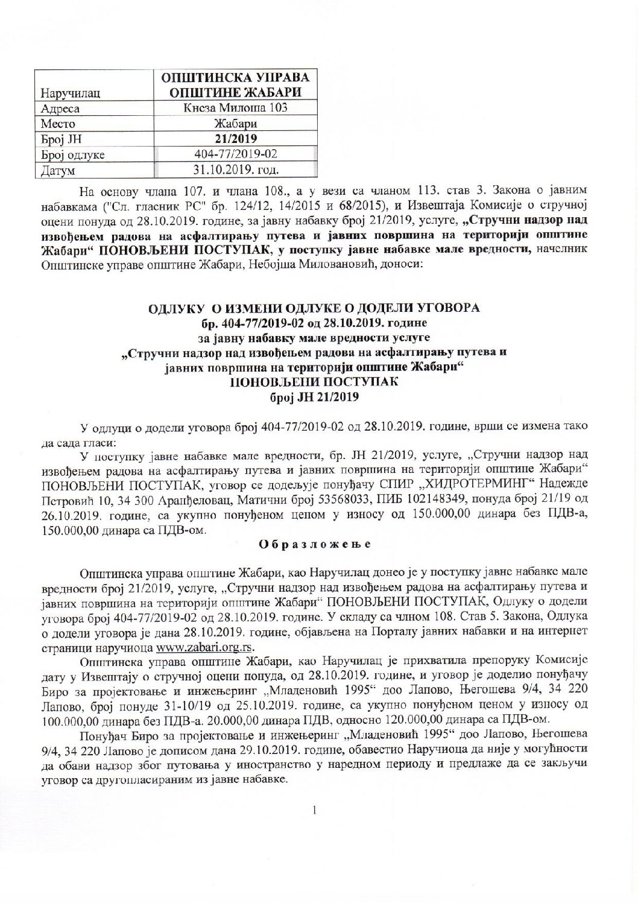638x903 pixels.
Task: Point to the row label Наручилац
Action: click(69, 93)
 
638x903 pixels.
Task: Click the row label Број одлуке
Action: click(72, 154)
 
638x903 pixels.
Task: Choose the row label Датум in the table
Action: click(57, 170)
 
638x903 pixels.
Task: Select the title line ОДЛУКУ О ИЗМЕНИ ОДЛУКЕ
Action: click(314, 308)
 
